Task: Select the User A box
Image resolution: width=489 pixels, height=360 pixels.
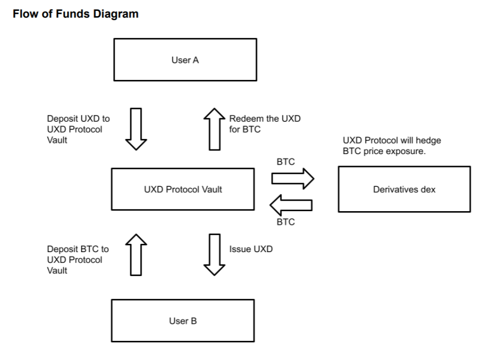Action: tap(185, 60)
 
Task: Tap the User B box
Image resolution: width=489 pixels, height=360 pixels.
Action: tap(183, 321)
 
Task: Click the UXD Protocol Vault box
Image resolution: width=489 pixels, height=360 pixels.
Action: tap(183, 189)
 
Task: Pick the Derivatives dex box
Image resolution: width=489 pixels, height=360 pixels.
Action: tap(404, 189)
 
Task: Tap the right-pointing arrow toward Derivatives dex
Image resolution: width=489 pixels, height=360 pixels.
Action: tap(293, 179)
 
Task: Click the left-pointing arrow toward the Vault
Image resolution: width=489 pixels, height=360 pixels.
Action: tap(291, 205)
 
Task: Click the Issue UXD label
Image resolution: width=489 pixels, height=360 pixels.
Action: tap(251, 249)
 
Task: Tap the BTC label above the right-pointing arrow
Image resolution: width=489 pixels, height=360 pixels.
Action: tap(286, 162)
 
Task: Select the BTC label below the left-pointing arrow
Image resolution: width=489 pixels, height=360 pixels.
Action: tap(286, 222)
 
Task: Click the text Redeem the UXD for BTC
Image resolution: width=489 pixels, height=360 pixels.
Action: tap(265, 124)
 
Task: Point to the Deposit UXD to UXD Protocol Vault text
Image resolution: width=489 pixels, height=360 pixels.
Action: tap(78, 129)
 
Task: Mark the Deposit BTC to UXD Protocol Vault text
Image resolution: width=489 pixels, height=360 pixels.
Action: tap(78, 259)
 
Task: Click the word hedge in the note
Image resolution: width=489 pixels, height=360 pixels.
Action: tap(430, 141)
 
